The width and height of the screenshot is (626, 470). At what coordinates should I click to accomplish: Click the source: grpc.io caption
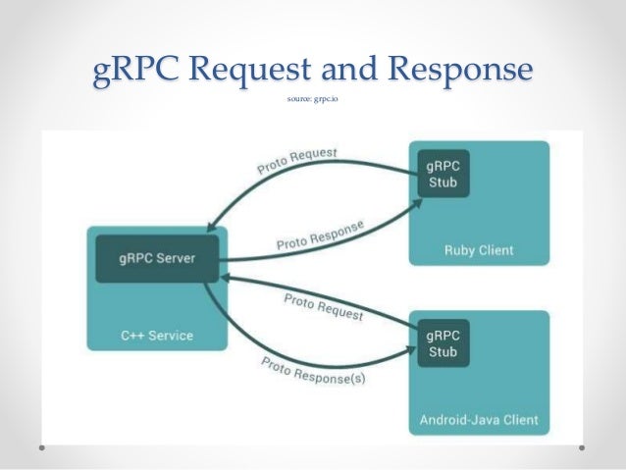312,99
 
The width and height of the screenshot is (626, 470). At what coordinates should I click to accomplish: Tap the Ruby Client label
477,250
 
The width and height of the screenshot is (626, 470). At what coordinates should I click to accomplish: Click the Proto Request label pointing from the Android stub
323,307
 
